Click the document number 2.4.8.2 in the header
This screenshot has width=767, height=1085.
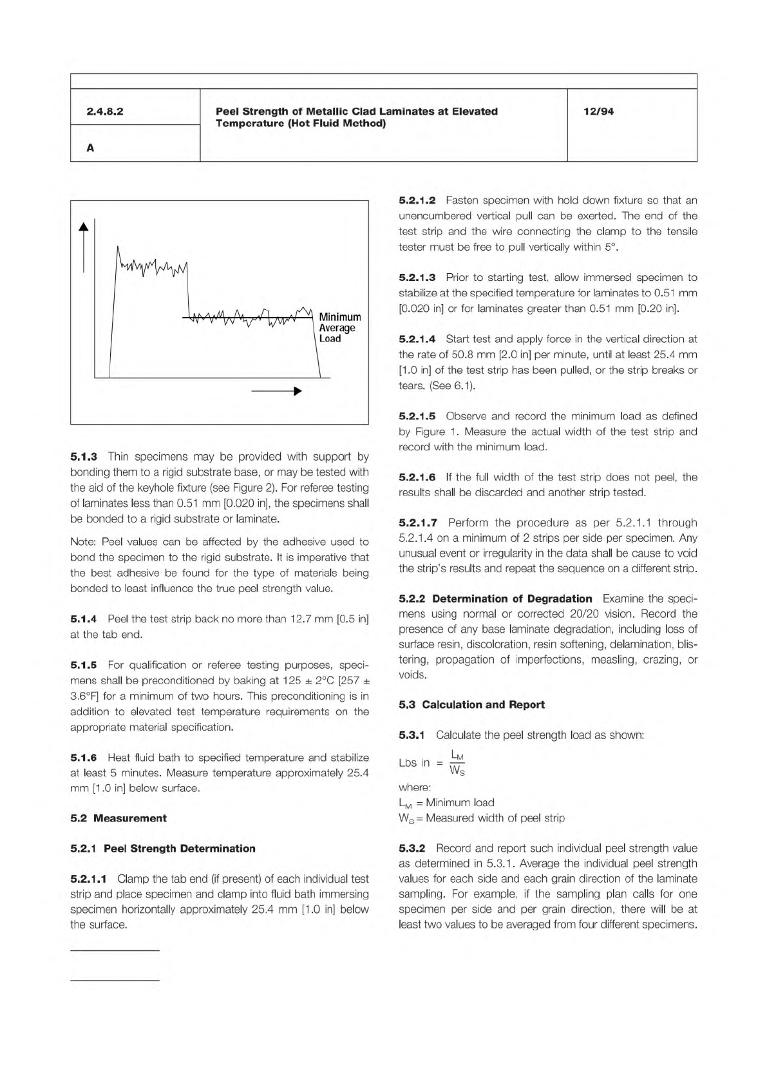(105, 111)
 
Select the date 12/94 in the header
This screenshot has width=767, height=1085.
(598, 111)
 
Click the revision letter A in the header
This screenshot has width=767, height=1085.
(90, 148)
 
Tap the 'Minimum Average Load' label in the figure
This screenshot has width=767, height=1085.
(339, 328)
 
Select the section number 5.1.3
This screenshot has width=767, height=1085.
(84, 457)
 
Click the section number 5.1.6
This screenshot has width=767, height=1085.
(84, 758)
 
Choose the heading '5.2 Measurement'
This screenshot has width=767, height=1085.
(118, 818)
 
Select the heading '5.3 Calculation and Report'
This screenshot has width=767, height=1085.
(471, 705)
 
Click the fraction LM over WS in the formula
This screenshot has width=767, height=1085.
(457, 763)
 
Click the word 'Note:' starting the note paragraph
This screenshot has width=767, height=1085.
(84, 542)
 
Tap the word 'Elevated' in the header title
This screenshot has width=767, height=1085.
(475, 111)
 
